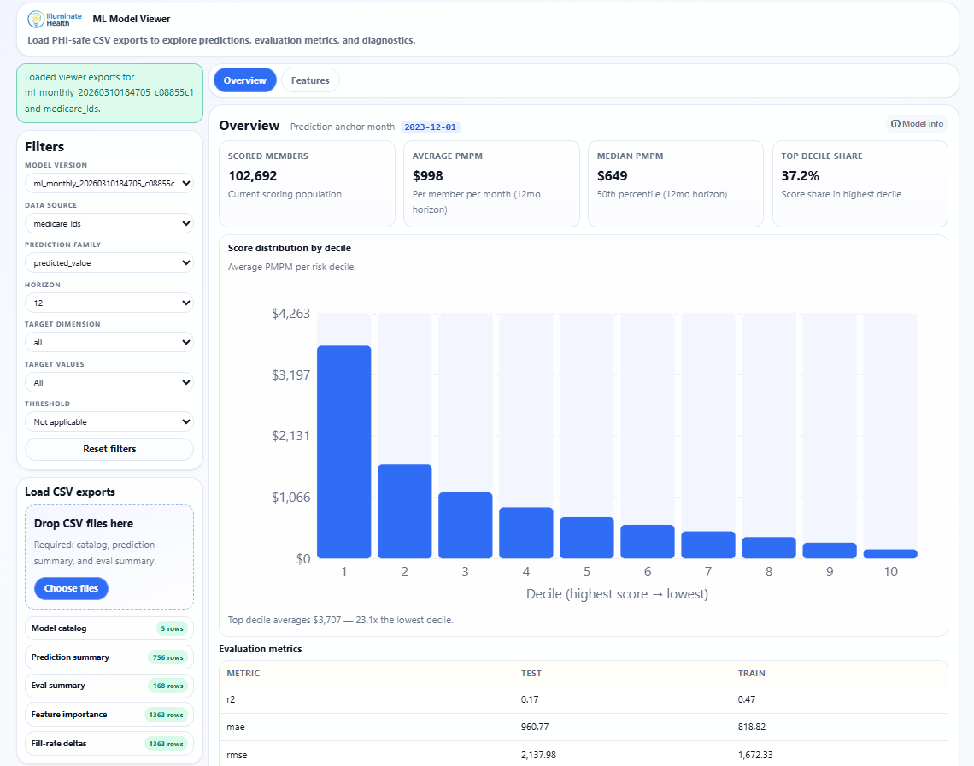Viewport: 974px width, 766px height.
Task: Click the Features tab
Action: pos(310,80)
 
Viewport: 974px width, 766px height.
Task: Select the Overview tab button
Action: pos(245,80)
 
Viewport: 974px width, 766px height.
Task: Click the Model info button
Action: pos(917,124)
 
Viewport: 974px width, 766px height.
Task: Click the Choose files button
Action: pos(71,588)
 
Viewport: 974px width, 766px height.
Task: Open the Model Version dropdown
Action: pos(109,183)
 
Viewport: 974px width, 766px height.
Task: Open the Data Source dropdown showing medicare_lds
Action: pos(109,223)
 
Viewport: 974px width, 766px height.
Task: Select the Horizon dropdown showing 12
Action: pos(109,303)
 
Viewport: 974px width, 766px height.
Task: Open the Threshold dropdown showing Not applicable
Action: pos(109,421)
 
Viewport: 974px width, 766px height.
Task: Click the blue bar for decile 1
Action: pos(343,451)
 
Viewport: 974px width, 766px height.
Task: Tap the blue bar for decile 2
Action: pos(404,511)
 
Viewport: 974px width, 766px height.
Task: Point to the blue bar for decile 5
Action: pos(586,538)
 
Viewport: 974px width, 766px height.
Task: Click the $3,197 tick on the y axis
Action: pos(290,374)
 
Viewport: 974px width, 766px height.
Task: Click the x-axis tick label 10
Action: pos(890,572)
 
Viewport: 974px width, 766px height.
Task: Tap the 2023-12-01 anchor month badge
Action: pos(431,127)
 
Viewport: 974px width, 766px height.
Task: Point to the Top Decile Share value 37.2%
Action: pos(801,175)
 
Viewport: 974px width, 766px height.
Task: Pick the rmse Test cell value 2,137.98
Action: pos(543,755)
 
